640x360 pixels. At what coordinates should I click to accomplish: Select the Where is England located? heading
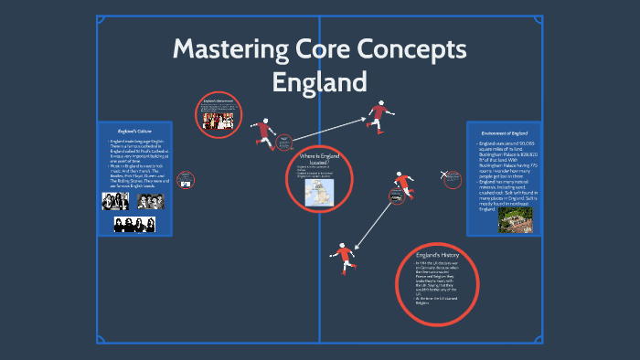point(320,161)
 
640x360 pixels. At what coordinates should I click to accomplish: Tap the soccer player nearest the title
point(378,114)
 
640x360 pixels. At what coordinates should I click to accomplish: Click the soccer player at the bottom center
point(342,258)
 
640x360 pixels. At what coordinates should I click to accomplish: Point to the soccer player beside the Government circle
point(263,132)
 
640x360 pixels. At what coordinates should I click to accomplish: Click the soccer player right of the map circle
point(400,188)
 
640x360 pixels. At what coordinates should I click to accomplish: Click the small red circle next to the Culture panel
point(186,180)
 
